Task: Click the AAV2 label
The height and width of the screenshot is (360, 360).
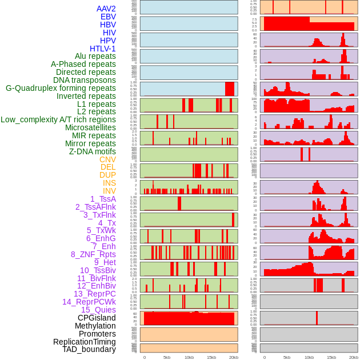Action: (x=106, y=9)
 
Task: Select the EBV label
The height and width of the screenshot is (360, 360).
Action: (x=108, y=17)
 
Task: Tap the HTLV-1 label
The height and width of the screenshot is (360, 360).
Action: (x=102, y=49)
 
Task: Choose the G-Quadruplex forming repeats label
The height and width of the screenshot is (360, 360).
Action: (x=61, y=88)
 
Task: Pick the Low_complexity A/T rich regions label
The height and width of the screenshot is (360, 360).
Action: (x=58, y=119)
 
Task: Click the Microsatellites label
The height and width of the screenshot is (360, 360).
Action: (x=90, y=127)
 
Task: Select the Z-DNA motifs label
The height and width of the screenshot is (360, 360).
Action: (x=92, y=151)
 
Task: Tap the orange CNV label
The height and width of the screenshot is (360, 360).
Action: (x=107, y=159)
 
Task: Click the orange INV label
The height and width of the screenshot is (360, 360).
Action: (x=109, y=191)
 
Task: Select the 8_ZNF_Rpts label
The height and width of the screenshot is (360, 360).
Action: (x=93, y=254)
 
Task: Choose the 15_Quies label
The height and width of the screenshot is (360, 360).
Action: (x=98, y=310)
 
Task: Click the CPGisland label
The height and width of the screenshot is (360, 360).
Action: (x=97, y=318)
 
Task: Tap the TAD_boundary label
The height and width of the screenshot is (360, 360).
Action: (x=89, y=349)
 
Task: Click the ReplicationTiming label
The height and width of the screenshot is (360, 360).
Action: (x=84, y=342)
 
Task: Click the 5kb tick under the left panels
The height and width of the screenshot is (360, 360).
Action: (x=167, y=357)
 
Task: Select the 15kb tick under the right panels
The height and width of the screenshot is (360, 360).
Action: (x=331, y=357)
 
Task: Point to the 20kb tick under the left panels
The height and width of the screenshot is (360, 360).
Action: (x=234, y=357)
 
